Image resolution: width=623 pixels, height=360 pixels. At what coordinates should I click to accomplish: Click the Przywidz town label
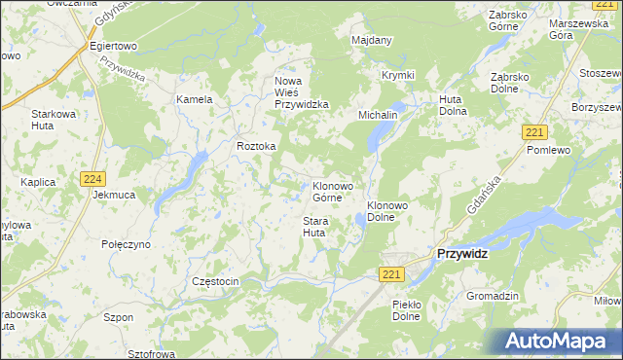462,253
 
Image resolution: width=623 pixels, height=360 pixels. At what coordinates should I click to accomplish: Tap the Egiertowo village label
112,46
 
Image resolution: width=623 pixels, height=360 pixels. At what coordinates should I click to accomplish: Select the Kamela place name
194,99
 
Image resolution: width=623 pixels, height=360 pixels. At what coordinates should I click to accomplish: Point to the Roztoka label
257,146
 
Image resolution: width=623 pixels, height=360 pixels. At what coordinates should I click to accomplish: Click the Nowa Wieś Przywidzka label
302,92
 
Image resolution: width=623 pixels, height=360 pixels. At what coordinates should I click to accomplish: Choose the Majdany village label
371,40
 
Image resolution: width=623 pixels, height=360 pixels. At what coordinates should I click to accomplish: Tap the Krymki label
397,76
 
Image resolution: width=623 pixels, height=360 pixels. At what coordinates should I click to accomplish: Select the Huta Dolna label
453,105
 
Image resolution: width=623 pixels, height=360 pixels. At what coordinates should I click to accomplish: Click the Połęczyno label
127,244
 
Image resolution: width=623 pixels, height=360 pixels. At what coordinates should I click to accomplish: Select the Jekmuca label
114,195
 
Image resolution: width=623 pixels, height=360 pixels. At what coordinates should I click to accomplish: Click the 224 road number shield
93,178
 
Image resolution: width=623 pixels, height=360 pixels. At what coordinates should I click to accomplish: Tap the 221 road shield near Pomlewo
533,131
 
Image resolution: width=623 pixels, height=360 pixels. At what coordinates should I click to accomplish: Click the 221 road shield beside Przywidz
391,275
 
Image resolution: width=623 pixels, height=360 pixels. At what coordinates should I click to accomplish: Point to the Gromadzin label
493,296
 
